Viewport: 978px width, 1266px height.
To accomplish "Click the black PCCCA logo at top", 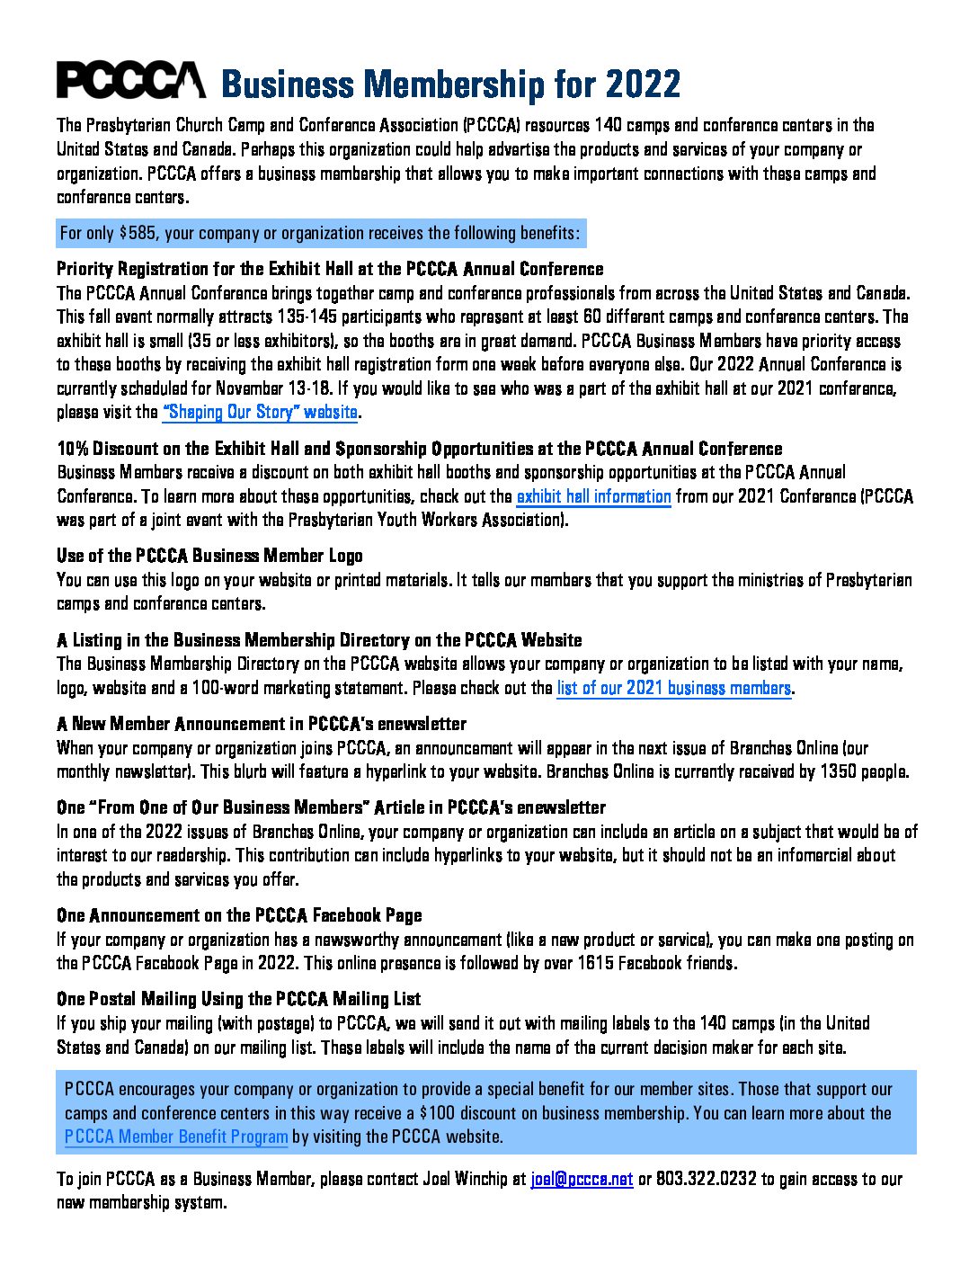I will click(x=130, y=81).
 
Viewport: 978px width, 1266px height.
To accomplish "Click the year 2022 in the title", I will click(x=643, y=85).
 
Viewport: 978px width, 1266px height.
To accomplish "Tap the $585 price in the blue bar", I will click(x=138, y=234).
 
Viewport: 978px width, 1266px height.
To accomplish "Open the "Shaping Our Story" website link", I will click(x=261, y=413).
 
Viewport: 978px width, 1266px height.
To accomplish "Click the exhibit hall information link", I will click(x=593, y=496).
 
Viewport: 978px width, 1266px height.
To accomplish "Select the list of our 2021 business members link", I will click(x=673, y=689).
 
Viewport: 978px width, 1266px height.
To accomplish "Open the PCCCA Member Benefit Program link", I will click(x=176, y=1137).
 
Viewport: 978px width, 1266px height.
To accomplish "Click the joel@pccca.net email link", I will click(x=582, y=1179).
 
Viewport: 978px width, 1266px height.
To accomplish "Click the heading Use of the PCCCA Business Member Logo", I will click(x=209, y=556).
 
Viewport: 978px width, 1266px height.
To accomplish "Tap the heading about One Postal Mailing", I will click(x=238, y=999).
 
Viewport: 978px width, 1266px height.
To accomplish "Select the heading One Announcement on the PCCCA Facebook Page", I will click(x=239, y=915).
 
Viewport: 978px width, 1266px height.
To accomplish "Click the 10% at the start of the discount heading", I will click(x=72, y=449).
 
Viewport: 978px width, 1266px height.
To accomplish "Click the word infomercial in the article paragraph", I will click(x=805, y=855).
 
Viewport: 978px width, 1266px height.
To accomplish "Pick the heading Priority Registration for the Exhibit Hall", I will click(x=330, y=269).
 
